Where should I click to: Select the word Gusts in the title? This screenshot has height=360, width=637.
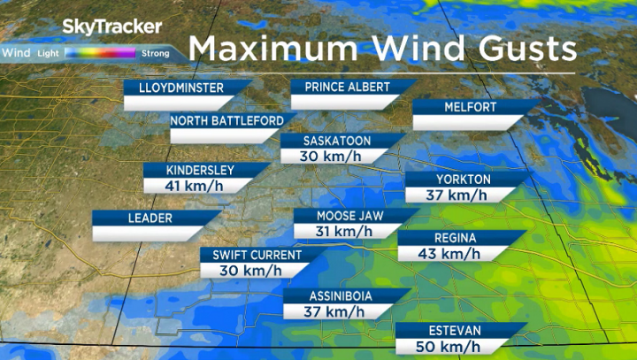pyautogui.click(x=520, y=46)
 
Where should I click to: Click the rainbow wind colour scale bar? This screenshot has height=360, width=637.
pyautogui.click(x=99, y=53)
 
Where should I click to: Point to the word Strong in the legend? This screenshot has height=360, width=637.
pyautogui.click(x=156, y=54)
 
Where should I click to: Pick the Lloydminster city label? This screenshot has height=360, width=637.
pyautogui.click(x=180, y=88)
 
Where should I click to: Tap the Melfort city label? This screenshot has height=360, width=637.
pyautogui.click(x=471, y=108)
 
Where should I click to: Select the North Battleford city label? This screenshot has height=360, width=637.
pyautogui.click(x=226, y=120)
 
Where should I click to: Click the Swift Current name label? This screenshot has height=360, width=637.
pyautogui.click(x=251, y=256)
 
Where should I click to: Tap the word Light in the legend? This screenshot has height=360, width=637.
pyautogui.click(x=46, y=54)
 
